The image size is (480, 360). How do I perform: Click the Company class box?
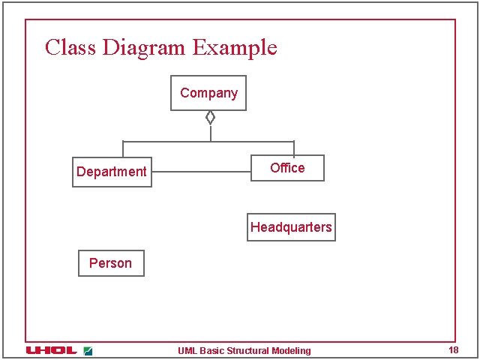pyautogui.click(x=208, y=93)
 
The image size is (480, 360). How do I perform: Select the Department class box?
pyautogui.click(x=112, y=172)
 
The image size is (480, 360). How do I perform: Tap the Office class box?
pyautogui.click(x=287, y=168)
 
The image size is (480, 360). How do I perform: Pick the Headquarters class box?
pyautogui.click(x=291, y=227)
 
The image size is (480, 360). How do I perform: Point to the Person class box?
pyautogui.click(x=110, y=263)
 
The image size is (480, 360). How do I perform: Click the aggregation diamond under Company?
pyautogui.click(x=211, y=117)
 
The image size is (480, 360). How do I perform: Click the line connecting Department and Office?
pyautogui.click(x=200, y=172)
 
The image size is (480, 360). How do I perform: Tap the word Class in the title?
pyautogui.click(x=70, y=48)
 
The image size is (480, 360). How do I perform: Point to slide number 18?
pyautogui.click(x=453, y=350)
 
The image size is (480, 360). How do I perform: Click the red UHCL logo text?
pyautogui.click(x=51, y=350)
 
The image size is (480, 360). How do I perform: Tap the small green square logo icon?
pyautogui.click(x=88, y=350)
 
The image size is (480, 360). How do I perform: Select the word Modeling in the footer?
pyautogui.click(x=291, y=351)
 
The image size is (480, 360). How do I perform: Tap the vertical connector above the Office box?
pyautogui.click(x=294, y=148)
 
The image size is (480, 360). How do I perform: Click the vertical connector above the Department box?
pyautogui.click(x=123, y=148)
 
